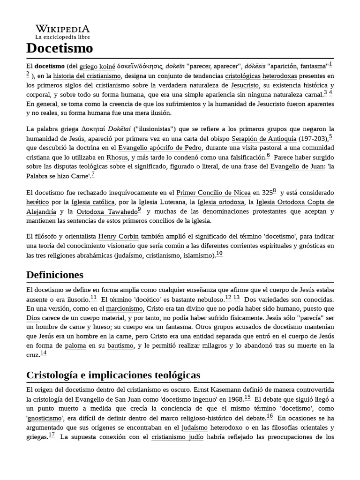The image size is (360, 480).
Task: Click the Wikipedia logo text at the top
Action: [x=62, y=29]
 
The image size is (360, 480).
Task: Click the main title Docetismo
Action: [x=60, y=48]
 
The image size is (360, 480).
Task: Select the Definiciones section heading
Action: [x=55, y=274]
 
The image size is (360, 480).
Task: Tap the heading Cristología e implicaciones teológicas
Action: [x=113, y=375]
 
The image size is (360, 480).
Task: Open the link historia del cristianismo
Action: [x=87, y=76]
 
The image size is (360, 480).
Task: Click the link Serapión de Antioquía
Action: [x=264, y=139]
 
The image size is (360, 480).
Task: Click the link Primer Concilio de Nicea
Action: [x=213, y=193]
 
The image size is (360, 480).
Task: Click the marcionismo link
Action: [x=124, y=309]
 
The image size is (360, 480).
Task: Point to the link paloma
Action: [x=75, y=345]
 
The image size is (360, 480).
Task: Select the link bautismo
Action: [x=120, y=345]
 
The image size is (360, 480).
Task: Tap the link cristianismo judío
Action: [x=177, y=437]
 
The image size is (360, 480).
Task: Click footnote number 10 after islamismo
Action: [x=219, y=254]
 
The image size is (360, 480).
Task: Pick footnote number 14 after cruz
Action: [x=43, y=353]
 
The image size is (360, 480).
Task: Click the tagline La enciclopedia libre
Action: [x=62, y=37]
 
